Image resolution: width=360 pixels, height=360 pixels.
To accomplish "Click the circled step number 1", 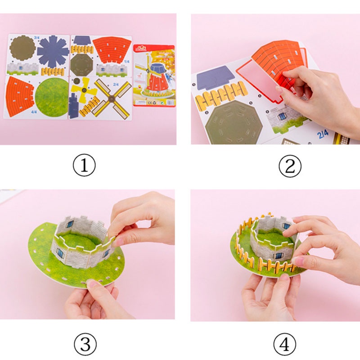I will (84, 167).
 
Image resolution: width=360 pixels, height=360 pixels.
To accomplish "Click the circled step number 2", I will (287, 167).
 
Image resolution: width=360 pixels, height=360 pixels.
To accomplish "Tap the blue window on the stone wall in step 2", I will (282, 116).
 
